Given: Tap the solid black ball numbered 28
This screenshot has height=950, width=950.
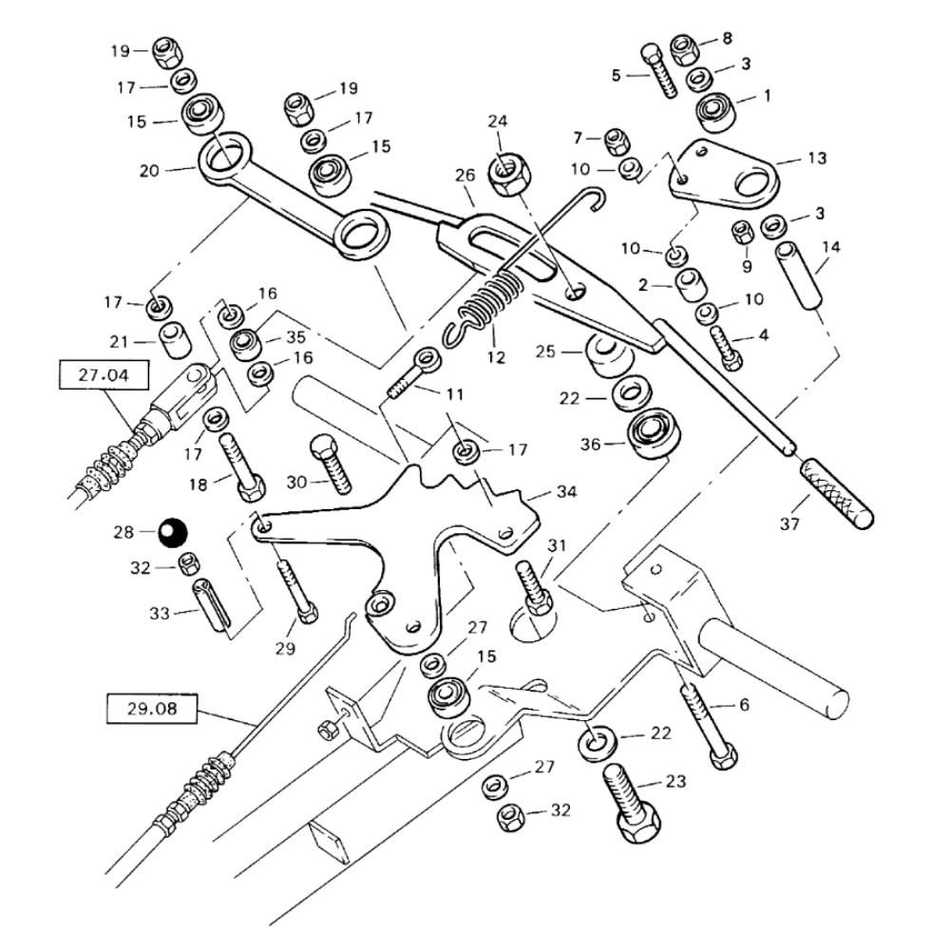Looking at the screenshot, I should (x=173, y=531).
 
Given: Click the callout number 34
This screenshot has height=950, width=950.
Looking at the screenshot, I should (x=566, y=493).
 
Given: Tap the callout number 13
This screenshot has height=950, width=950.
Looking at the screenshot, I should (x=817, y=158).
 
